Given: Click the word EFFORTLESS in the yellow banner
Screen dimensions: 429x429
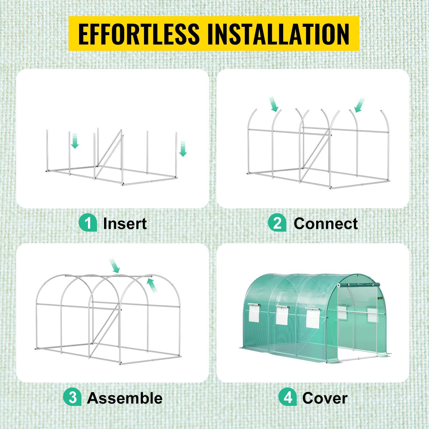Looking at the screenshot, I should click(x=139, y=34).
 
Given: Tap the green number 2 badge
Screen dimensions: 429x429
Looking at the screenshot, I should click(x=277, y=223).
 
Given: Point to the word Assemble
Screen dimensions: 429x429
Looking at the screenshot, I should click(x=125, y=398).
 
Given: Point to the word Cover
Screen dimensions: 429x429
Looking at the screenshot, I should click(x=325, y=398).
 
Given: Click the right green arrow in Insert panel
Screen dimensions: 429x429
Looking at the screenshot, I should click(x=183, y=149).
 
